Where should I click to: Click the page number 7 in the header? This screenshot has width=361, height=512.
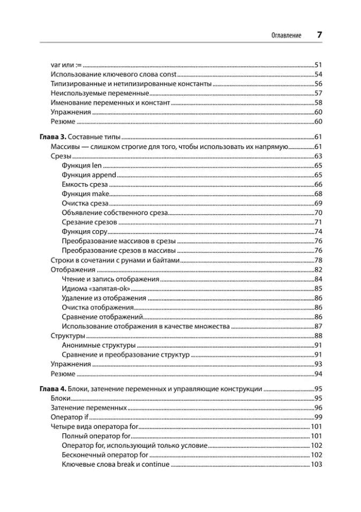point(319,35)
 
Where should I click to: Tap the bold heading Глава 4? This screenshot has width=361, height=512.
point(53,389)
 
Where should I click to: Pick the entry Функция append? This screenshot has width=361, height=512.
point(89,175)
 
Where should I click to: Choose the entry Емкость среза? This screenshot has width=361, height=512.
point(85,185)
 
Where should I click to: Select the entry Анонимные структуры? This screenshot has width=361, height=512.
point(99,345)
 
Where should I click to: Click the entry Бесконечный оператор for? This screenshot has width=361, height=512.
point(104,455)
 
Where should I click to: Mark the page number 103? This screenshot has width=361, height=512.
point(316,464)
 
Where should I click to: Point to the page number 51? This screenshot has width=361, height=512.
point(318,64)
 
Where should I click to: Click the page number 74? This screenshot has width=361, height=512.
point(318,232)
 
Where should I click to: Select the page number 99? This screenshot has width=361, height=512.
point(318,417)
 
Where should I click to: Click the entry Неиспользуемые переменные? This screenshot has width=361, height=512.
point(89,93)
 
